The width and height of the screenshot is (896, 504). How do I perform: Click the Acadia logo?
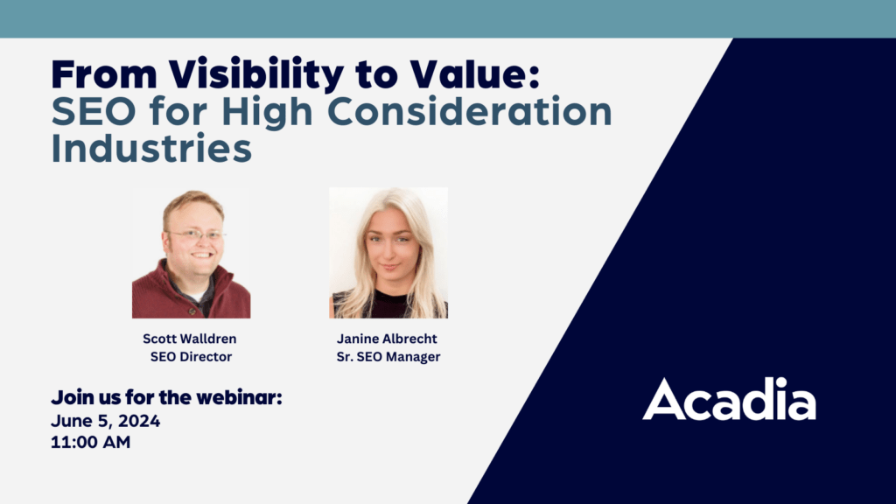click(729, 399)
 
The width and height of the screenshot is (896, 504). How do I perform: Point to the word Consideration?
click(469, 111)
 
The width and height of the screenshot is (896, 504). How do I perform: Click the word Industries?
click(151, 148)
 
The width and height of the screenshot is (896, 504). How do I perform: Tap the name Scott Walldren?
click(190, 339)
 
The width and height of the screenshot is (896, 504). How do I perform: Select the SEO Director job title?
click(191, 357)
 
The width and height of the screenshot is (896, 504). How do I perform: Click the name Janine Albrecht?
click(387, 339)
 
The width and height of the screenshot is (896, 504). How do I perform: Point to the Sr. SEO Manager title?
click(388, 357)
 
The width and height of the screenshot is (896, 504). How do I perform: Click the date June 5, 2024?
click(106, 421)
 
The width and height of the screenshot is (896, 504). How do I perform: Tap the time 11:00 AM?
click(91, 442)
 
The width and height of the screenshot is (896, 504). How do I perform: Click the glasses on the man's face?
click(195, 234)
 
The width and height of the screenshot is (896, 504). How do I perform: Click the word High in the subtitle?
click(268, 113)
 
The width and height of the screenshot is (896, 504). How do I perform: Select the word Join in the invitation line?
click(72, 397)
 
